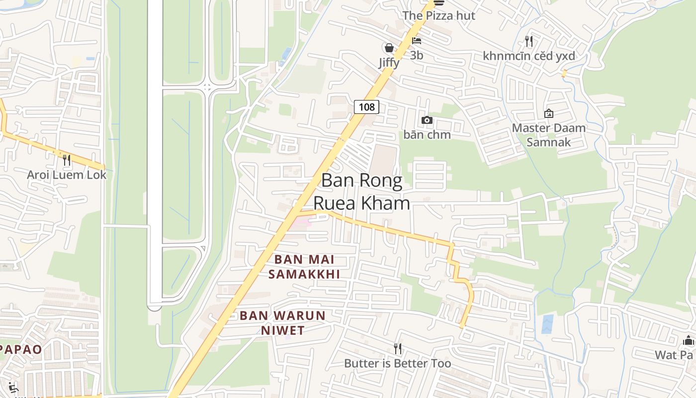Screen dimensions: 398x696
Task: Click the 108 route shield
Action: (x=366, y=106)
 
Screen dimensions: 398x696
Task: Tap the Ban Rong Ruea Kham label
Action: (x=361, y=192)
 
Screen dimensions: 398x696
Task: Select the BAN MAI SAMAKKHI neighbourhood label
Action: (x=304, y=267)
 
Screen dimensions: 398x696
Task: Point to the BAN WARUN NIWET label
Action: (x=282, y=322)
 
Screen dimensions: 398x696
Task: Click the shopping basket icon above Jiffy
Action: (x=389, y=48)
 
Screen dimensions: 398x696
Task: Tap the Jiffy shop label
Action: (x=389, y=63)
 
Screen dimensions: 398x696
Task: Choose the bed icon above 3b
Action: (x=417, y=41)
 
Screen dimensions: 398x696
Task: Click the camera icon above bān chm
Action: (x=427, y=120)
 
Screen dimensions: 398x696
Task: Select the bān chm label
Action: (x=427, y=134)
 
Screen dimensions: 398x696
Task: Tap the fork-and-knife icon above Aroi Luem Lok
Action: (x=67, y=160)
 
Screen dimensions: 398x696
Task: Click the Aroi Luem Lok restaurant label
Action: (x=67, y=175)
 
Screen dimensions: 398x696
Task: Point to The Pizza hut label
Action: (x=438, y=15)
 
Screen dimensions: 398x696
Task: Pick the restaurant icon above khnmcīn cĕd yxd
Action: (x=529, y=41)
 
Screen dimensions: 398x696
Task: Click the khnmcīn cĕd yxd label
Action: (x=529, y=56)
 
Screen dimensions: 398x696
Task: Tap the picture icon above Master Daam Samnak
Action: (x=549, y=113)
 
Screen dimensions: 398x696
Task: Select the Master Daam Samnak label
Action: (x=549, y=135)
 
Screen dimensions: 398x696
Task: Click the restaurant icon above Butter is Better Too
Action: (x=398, y=349)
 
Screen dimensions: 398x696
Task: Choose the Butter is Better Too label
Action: (x=398, y=363)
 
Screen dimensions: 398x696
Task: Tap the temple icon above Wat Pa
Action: (x=689, y=340)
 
